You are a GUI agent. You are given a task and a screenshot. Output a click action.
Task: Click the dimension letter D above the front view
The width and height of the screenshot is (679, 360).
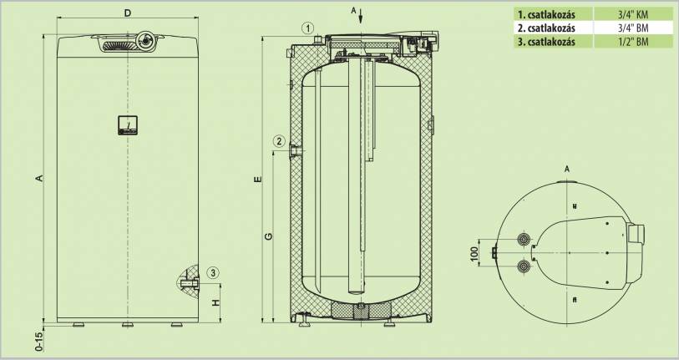click(x=127, y=13)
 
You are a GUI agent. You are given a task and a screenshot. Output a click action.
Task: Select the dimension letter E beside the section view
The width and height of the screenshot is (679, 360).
click(x=258, y=180)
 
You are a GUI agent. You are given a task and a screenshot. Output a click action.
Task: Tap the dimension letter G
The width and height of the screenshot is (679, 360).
click(x=269, y=236)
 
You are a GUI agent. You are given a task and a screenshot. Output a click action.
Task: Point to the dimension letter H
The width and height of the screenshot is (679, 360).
click(x=216, y=302)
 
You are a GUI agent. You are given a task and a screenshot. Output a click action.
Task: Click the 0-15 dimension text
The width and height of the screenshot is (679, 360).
click(x=39, y=342)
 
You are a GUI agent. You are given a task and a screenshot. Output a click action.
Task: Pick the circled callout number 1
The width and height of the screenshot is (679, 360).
click(x=307, y=29)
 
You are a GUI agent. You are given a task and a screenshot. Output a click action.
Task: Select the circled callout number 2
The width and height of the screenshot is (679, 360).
click(x=279, y=141)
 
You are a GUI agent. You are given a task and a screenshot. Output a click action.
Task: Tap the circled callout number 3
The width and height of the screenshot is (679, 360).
click(x=213, y=272)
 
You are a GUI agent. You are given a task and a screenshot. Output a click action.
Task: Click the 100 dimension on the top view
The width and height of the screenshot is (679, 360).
click(x=475, y=253)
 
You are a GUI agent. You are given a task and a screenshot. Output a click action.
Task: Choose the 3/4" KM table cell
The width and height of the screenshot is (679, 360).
click(x=627, y=14)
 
